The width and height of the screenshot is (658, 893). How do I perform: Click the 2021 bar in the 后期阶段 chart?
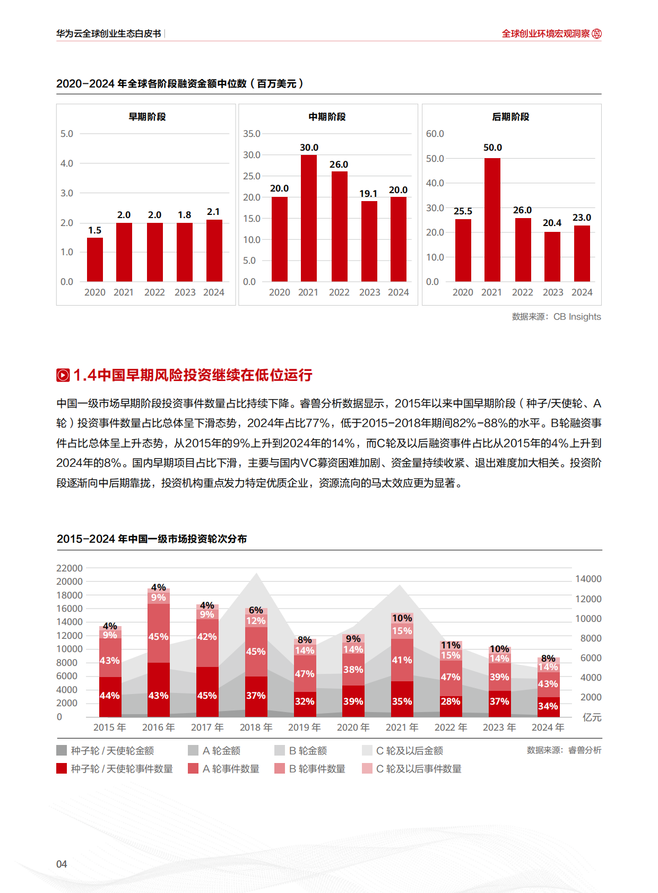pos(492,220)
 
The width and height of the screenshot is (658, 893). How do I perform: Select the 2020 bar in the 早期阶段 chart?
pos(95,259)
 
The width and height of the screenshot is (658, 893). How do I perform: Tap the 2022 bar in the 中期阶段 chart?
pos(339,227)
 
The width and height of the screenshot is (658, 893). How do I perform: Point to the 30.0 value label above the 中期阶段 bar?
pos(309,148)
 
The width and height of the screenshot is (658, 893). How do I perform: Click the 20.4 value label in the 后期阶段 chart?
pos(552,223)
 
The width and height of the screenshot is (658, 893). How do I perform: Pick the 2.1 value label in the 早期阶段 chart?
pos(213,212)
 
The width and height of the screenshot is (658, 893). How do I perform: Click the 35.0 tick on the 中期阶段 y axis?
pos(252,134)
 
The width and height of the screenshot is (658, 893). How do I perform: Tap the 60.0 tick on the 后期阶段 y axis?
pos(435,134)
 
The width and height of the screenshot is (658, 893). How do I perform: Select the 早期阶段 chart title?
pos(147,117)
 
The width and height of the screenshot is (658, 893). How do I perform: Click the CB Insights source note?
pos(556,317)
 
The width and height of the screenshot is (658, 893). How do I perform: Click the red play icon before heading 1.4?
pos(63,375)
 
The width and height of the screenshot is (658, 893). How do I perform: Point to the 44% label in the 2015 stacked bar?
pos(110,696)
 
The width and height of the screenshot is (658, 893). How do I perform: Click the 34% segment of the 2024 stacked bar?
pos(548,706)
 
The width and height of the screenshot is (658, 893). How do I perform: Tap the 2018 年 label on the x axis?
pos(256,727)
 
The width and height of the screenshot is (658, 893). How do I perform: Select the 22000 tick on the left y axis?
pos(70,568)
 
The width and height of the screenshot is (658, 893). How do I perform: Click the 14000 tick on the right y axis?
pos(588,579)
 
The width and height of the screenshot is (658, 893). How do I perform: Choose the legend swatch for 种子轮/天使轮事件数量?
pos(62,768)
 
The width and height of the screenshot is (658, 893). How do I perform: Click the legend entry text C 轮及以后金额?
pos(409,751)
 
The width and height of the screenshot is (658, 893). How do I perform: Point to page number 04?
pos(62,864)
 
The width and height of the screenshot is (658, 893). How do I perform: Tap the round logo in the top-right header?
pos(597,33)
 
